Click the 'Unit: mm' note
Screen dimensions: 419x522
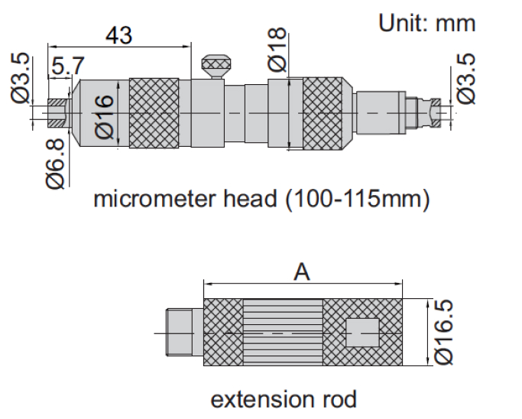[427, 23]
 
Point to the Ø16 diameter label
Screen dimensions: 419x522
[105, 115]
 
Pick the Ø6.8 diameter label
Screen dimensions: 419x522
[55, 164]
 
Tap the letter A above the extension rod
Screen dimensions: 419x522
[303, 272]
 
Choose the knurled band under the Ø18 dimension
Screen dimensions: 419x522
[329, 112]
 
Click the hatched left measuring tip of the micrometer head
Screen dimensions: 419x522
[57, 112]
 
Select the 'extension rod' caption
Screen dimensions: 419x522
[284, 398]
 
